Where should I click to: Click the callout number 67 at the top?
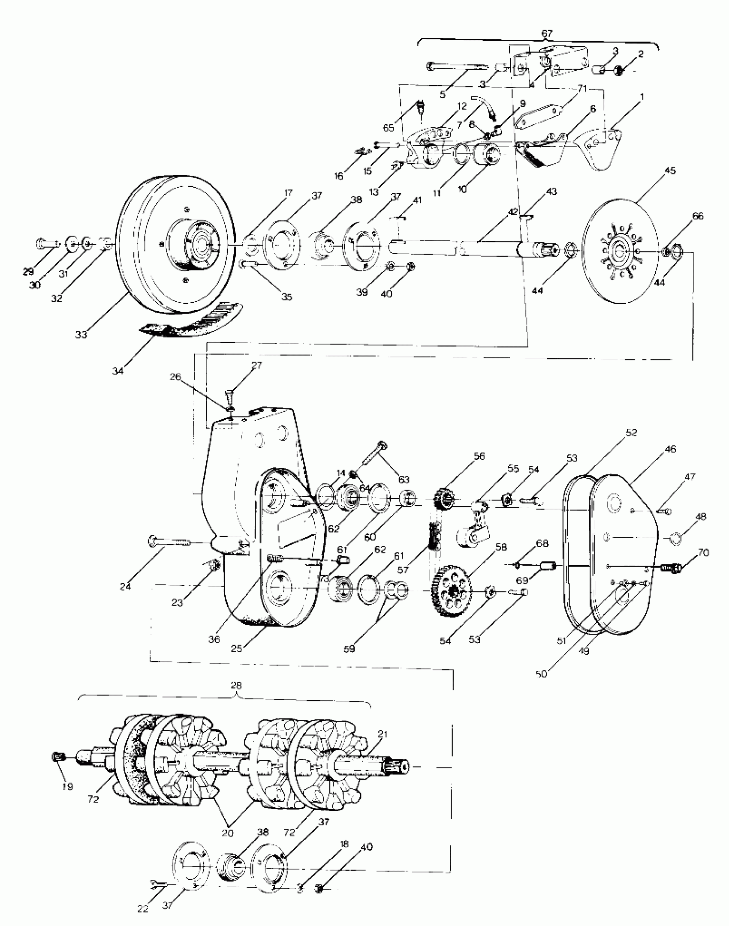tap(547, 33)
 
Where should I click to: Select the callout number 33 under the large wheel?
tap(81, 335)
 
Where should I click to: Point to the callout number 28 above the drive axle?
tap(236, 685)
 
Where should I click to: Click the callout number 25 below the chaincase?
tap(236, 648)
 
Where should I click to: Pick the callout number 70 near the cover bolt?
tap(703, 553)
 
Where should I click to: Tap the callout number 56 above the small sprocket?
tap(479, 456)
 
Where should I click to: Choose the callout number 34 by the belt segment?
tap(117, 371)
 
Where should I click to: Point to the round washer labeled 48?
tap(675, 538)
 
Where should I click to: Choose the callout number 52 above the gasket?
tap(631, 432)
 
